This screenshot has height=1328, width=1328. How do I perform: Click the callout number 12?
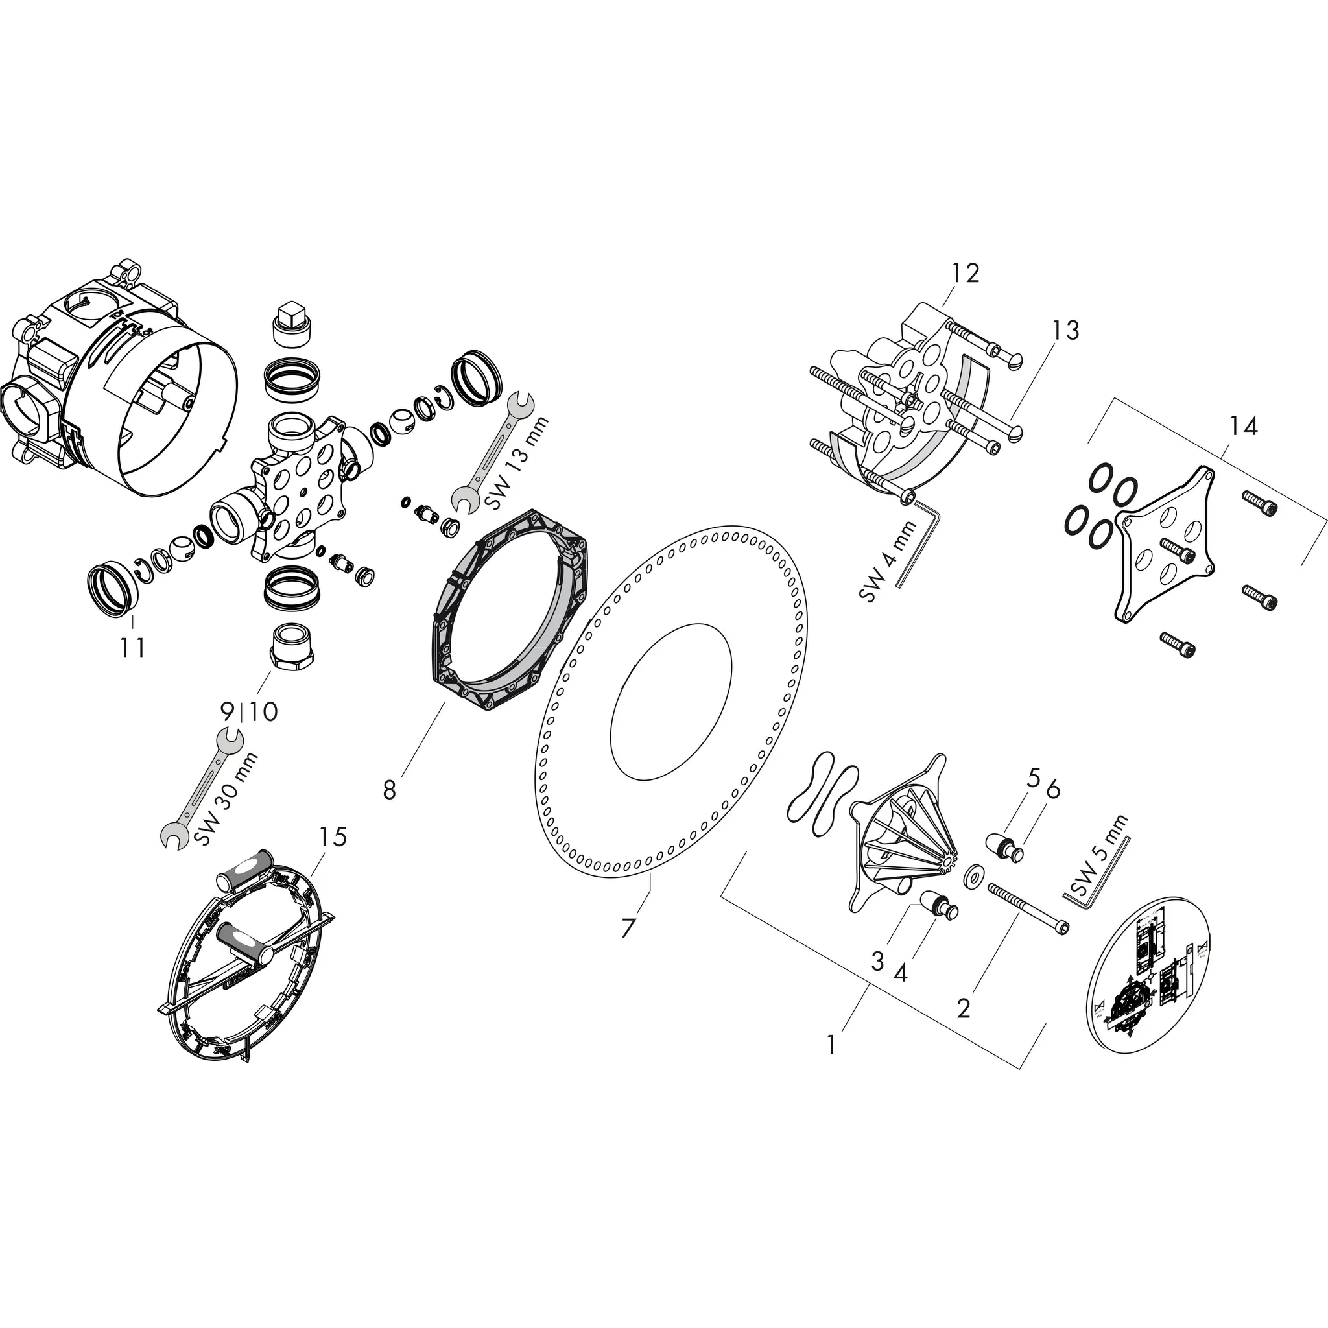point(965,274)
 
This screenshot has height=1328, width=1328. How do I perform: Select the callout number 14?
point(1244,426)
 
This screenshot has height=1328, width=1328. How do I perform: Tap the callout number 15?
point(332,836)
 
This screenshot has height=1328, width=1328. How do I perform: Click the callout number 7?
point(628,928)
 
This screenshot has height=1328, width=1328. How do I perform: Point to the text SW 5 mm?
point(1099,856)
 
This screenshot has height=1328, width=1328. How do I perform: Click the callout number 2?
point(964,1009)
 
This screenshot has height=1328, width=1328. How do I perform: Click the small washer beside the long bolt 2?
point(973,877)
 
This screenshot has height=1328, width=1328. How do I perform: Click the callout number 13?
point(1065,330)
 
